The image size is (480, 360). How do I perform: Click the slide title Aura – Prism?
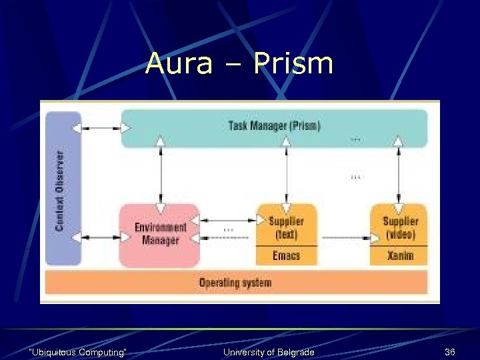click(x=239, y=64)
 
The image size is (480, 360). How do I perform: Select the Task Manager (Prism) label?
click(x=274, y=126)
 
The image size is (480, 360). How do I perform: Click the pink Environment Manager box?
click(x=160, y=235)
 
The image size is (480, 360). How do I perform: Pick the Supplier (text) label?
click(x=286, y=227)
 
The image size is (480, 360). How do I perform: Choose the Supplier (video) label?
click(x=400, y=227)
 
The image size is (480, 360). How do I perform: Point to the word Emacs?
click(x=286, y=256)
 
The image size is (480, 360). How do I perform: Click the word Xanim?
click(x=400, y=256)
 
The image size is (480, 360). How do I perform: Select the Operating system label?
click(x=235, y=283)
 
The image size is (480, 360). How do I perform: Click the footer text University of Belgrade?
click(x=269, y=352)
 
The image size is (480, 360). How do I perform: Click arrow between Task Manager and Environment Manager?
click(x=160, y=175)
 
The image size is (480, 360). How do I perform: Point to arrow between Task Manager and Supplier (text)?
click(x=286, y=175)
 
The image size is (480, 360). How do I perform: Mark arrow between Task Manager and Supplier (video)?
click(x=399, y=175)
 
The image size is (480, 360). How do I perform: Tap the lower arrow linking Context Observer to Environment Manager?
click(x=100, y=237)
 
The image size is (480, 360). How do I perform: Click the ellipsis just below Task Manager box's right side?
click(x=356, y=139)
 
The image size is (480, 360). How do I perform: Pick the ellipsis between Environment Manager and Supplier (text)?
click(x=228, y=229)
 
